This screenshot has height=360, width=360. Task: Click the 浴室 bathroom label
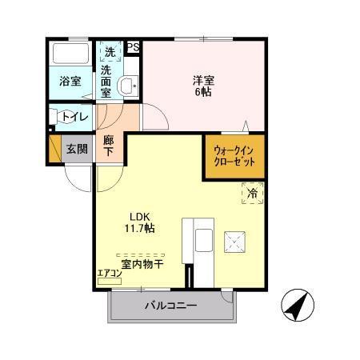(70, 81)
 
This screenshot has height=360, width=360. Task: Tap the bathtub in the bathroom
(70, 54)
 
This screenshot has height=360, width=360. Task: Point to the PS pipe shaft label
(133, 47)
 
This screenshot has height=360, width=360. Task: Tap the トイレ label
(74, 117)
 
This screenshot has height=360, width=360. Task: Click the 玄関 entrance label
(77, 148)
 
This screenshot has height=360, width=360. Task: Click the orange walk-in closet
(234, 154)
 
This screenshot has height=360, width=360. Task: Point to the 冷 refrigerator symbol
(251, 193)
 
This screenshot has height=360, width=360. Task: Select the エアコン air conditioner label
(109, 274)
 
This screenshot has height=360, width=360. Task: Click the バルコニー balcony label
(170, 305)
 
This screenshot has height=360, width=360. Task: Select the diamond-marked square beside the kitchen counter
(235, 241)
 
